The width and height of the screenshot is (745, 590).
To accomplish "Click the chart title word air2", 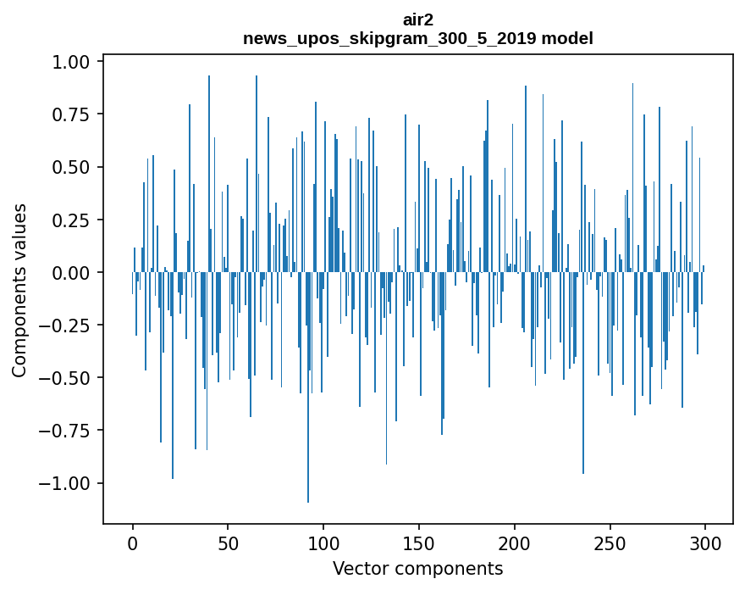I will pos(417,19).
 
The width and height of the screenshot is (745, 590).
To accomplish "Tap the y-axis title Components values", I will pos(19,290).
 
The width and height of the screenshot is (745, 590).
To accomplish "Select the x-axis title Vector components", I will pos(417,568).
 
